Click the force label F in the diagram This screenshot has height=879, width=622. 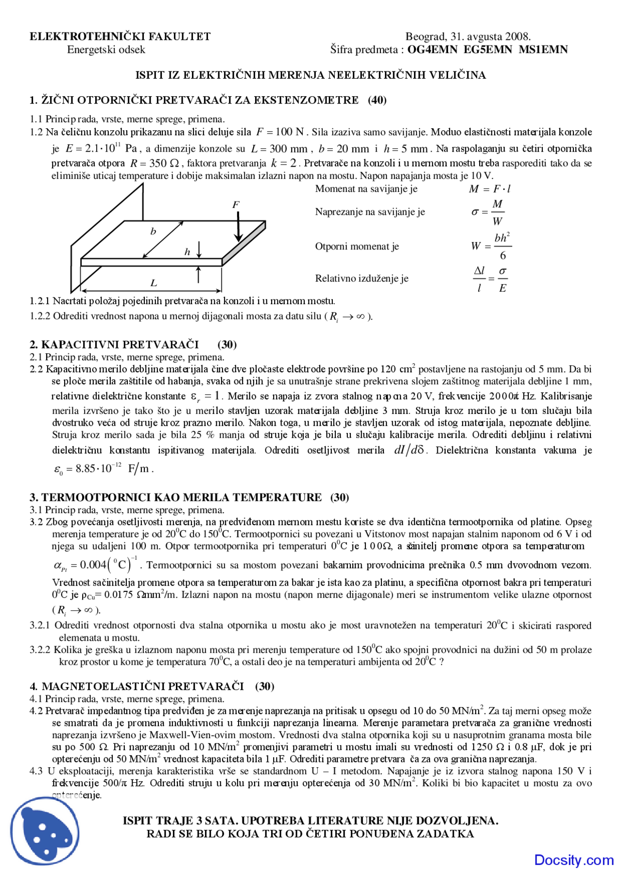tap(236, 205)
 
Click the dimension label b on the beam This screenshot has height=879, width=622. tap(153, 231)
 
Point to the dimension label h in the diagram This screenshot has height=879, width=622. tap(187, 252)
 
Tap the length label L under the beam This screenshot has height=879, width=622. tap(154, 283)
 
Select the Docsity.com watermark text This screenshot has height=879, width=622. tap(573, 860)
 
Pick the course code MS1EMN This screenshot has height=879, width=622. tap(543, 49)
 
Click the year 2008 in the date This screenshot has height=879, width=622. tap(518, 36)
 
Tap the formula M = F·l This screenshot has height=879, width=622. tap(489, 189)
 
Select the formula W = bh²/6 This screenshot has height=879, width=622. tap(491, 246)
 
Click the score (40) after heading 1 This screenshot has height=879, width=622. tap(377, 100)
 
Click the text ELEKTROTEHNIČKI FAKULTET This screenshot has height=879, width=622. tap(120, 36)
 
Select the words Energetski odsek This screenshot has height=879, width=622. tap(106, 50)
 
